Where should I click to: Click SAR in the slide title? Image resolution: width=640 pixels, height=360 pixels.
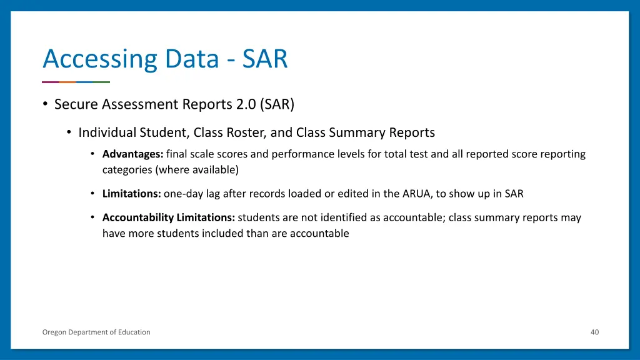[x=265, y=59]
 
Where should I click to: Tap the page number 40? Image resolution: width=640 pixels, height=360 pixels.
[x=594, y=332]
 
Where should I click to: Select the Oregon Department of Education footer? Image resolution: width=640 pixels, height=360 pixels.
[x=96, y=332]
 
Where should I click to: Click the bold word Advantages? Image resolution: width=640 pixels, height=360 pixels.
[x=133, y=154]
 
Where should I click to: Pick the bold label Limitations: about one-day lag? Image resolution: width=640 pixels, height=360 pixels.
[x=132, y=194]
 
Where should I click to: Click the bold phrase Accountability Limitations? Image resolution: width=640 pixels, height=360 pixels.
[x=169, y=217]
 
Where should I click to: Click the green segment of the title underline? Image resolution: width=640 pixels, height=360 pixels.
[x=101, y=82]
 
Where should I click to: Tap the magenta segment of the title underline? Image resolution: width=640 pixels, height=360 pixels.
[x=50, y=82]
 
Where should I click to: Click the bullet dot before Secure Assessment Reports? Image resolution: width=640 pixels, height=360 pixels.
[x=46, y=104]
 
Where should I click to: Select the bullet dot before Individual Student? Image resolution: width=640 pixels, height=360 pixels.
[x=69, y=132]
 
